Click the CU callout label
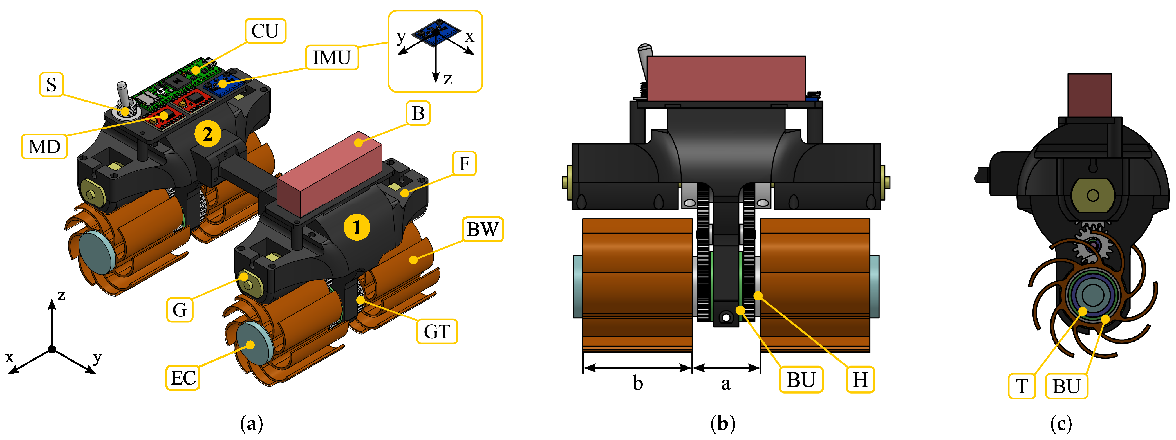265,31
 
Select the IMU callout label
332,57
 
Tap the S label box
51,84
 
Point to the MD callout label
44,147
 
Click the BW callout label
483,229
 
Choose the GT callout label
437,331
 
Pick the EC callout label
183,378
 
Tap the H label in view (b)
860,379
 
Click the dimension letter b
638,383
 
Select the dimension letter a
726,384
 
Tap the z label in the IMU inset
448,79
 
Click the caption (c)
1061,424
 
